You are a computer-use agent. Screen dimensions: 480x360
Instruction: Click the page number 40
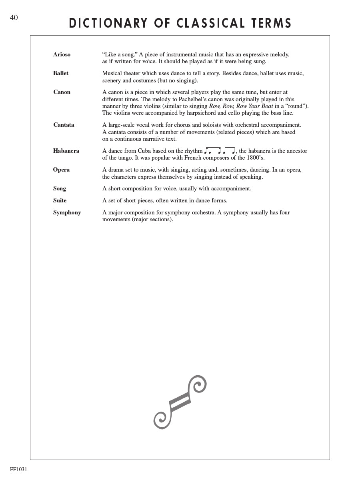14,18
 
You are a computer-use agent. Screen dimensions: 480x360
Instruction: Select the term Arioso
62,54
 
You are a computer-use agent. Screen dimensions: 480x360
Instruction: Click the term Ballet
61,73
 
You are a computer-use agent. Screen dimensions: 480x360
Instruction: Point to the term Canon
62,92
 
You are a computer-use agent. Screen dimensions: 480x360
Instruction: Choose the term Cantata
64,125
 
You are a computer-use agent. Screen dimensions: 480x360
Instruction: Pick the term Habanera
66,151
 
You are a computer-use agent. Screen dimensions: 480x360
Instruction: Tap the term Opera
61,170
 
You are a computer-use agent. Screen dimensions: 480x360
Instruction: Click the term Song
60,188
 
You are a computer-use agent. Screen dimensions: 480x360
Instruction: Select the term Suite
60,200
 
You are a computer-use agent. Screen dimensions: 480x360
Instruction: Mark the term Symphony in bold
67,212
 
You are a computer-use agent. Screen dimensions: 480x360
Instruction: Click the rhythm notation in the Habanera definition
220,150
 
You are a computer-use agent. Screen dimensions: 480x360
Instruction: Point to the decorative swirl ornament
180,402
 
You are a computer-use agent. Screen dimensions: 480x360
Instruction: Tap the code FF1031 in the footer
18,469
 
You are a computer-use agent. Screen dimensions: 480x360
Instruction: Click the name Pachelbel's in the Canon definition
190,99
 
